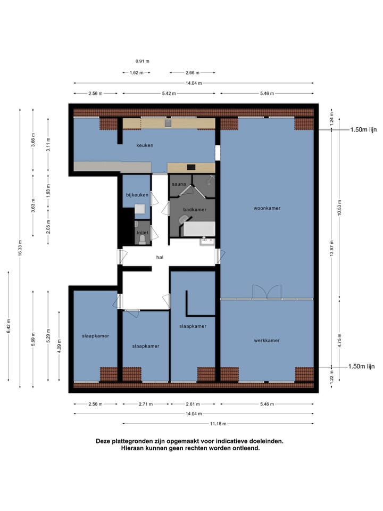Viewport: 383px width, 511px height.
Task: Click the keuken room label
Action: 145,145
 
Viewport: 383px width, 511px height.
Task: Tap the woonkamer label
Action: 267,208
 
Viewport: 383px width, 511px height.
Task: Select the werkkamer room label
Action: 267,341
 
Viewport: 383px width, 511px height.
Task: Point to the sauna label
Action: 179,184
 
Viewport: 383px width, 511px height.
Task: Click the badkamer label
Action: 195,210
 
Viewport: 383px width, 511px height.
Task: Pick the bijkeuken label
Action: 137,195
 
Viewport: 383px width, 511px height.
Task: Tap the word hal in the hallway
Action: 160,257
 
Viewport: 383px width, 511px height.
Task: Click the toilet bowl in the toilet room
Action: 142,240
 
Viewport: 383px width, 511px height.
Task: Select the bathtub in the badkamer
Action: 199,229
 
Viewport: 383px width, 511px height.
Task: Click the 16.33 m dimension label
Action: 20,248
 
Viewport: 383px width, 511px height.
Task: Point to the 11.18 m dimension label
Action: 218,424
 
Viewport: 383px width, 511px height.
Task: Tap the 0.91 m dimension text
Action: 143,61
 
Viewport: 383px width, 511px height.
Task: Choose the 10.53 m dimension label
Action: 339,208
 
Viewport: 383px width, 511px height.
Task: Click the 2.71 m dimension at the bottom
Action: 146,404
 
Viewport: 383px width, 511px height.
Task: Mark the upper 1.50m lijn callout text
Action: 363,130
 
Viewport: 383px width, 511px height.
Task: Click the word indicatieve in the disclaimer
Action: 229,441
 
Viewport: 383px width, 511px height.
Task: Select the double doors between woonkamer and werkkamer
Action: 267,292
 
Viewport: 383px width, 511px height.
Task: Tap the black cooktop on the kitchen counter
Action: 191,168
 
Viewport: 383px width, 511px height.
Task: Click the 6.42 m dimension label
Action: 9,326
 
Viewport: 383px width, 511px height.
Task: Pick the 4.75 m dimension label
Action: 339,341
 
